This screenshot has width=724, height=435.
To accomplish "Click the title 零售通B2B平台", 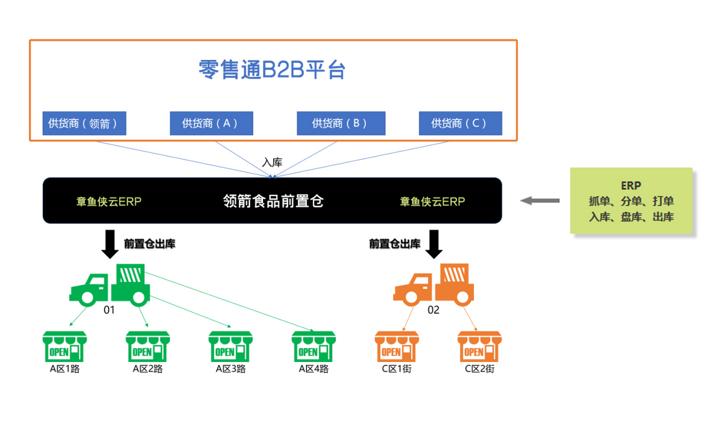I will (272, 70).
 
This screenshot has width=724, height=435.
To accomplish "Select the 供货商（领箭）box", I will (84, 123).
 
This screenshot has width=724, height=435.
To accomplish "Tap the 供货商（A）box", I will (211, 123).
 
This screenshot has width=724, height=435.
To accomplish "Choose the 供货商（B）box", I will (341, 123).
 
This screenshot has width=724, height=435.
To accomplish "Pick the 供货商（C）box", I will (460, 123).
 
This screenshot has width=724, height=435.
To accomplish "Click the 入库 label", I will (272, 162).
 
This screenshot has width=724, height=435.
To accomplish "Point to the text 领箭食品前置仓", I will (273, 201).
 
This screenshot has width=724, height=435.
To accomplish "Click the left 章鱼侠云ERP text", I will (109, 201).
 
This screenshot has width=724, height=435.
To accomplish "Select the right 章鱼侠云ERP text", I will (433, 201).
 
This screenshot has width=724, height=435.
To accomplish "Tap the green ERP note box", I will (631, 201).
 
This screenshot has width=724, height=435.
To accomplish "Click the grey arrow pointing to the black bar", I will (540, 200).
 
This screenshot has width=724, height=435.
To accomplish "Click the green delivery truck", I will (110, 285).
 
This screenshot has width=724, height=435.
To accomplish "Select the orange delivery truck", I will (434, 285).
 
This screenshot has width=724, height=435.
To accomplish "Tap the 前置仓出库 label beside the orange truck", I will (395, 244).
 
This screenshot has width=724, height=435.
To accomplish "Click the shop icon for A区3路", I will (230, 346).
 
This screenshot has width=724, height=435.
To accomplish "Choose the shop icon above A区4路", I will (313, 346).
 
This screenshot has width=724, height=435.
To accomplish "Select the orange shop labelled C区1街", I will (397, 346).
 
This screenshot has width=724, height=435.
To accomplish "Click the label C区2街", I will (480, 369).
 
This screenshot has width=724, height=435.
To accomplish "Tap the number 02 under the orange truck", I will (433, 310).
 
